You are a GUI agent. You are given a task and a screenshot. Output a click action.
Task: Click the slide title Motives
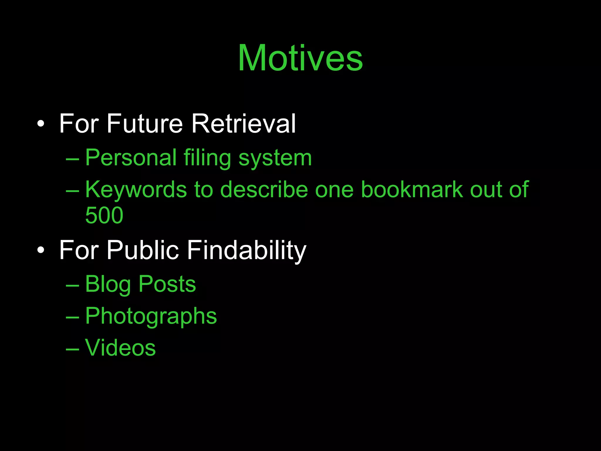pyautogui.click(x=300, y=58)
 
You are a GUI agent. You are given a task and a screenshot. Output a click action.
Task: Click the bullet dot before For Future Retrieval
pyautogui.click(x=41, y=124)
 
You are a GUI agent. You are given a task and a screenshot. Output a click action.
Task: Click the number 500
pyautogui.click(x=104, y=215)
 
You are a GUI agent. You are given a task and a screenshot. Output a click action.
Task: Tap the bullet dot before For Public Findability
pyautogui.click(x=41, y=250)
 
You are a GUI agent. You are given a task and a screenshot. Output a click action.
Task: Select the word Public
pyautogui.click(x=143, y=250)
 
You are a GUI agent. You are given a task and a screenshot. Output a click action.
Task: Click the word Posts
pyautogui.click(x=167, y=284)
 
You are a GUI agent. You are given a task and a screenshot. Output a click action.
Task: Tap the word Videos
pyautogui.click(x=120, y=348)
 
